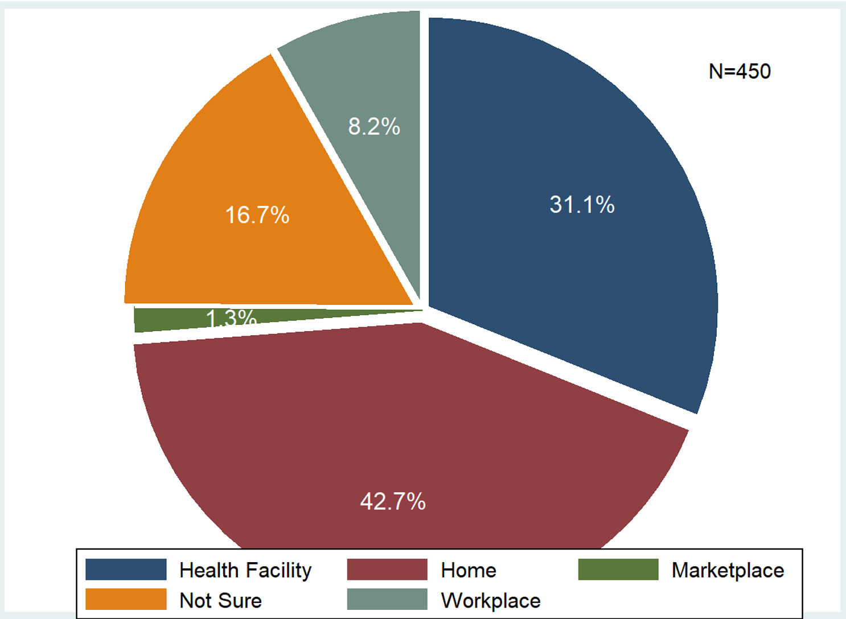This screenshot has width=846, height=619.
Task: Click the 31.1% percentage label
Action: [x=582, y=205]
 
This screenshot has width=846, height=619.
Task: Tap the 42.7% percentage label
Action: [x=393, y=502]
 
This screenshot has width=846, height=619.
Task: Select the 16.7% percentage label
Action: [x=257, y=215]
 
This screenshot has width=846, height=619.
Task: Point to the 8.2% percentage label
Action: [x=374, y=126]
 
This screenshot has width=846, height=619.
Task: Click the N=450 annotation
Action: [x=740, y=72]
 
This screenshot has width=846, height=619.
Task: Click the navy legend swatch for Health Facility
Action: [x=126, y=570]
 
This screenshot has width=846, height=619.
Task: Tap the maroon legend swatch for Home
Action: [x=387, y=570]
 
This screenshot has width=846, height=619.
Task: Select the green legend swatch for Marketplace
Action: [x=618, y=570]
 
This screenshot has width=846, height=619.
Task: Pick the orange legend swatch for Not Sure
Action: [x=126, y=600]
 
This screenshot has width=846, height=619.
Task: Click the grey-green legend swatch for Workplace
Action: [x=387, y=600]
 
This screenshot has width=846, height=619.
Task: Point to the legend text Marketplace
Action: [x=728, y=570]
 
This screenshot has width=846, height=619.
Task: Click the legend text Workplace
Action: [x=491, y=601]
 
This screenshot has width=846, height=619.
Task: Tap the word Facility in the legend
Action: [x=278, y=571]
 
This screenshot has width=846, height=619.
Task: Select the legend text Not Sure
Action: [x=220, y=601]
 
